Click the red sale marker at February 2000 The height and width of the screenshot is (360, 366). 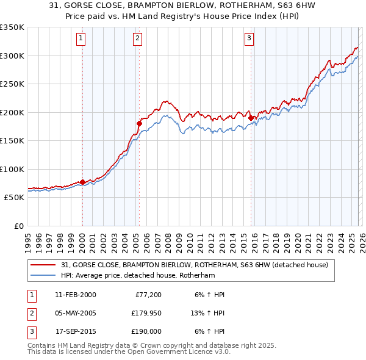point(82,182)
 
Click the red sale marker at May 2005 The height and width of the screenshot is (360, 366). point(139,123)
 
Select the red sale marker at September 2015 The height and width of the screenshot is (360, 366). point(251,117)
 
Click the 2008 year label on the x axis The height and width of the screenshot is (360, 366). point(168,239)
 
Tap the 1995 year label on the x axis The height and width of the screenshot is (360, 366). point(28,239)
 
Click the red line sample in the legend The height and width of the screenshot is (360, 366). point(44,265)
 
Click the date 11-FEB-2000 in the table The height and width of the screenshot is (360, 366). point(75,295)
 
